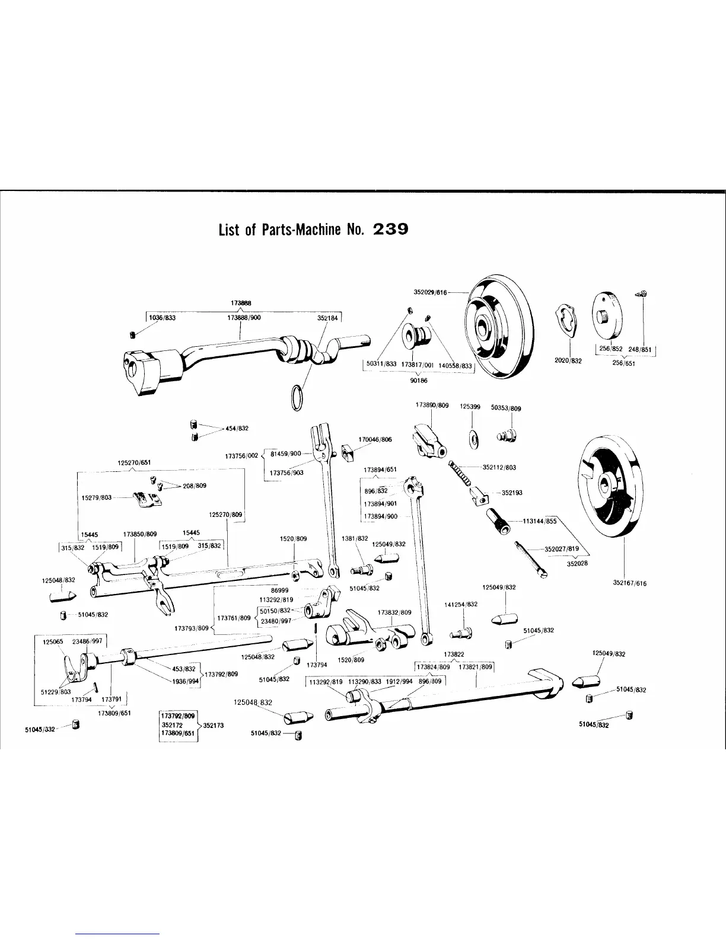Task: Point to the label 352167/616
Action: click(x=629, y=583)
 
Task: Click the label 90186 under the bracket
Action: click(x=419, y=381)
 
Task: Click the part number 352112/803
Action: click(x=499, y=467)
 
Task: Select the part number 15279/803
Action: click(x=97, y=497)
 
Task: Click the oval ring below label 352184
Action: click(x=298, y=397)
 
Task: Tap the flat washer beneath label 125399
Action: click(x=473, y=437)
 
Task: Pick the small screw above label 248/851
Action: click(x=643, y=293)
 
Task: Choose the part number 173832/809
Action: click(x=394, y=612)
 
